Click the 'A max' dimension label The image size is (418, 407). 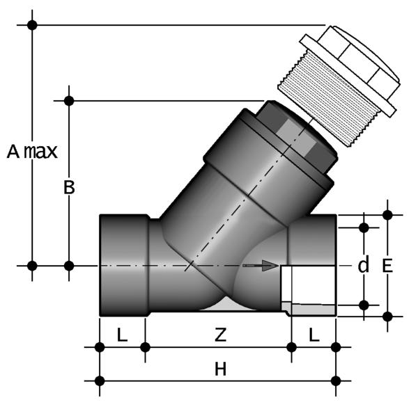(32, 152)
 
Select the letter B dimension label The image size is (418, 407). (69, 187)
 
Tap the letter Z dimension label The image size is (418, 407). (220, 335)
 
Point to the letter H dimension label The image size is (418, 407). (220, 369)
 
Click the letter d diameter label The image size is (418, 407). (364, 264)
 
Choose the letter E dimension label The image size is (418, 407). (387, 266)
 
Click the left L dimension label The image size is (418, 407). (122, 335)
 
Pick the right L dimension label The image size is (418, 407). (314, 335)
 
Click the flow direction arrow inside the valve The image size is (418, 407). (261, 266)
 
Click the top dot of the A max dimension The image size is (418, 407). (32, 25)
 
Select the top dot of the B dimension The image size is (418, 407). (69, 101)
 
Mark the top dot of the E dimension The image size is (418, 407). (387, 214)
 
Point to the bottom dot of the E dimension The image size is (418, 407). (387, 317)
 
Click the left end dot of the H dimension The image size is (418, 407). (100, 381)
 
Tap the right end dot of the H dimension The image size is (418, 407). (336, 381)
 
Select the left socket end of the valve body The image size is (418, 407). (124, 265)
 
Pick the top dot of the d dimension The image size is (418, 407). (364, 228)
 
